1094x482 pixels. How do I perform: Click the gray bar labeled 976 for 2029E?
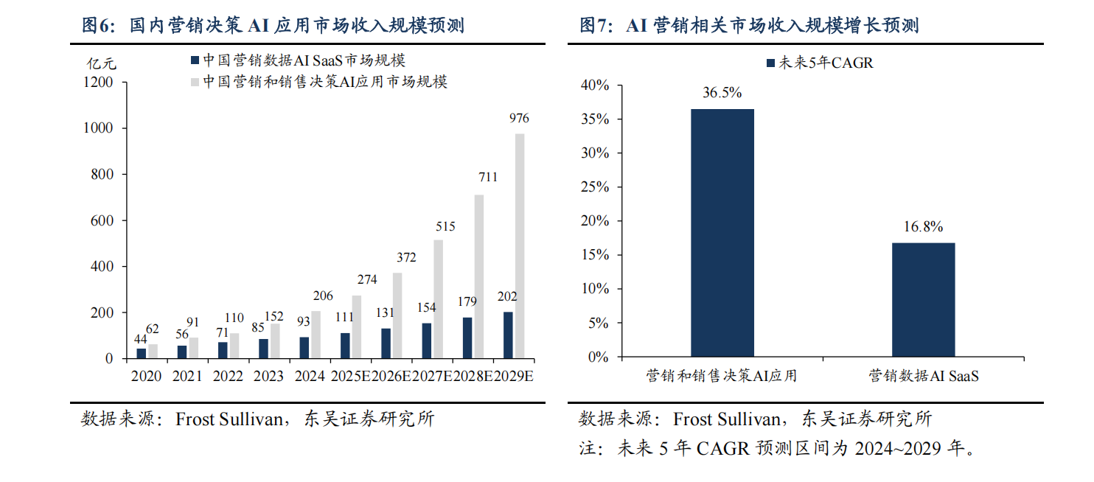520,246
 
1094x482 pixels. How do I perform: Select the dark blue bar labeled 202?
508,335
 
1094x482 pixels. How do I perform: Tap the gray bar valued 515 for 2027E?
438,299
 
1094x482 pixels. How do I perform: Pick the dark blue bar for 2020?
141,354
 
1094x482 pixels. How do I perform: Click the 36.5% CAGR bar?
722,233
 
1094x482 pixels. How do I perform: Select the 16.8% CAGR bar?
923,300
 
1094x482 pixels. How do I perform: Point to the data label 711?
488,177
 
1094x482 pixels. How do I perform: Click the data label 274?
367,279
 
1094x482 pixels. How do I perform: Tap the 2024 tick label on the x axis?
310,376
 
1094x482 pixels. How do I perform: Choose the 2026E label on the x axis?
391,376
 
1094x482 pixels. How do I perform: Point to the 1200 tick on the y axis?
98,82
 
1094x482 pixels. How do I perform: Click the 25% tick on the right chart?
595,187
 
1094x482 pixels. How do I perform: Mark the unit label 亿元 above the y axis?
102,63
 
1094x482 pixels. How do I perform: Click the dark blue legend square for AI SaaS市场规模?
195,60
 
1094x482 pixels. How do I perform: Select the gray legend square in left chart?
195,82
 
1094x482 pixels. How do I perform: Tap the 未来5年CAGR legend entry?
820,63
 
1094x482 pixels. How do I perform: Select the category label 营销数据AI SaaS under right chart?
924,376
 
